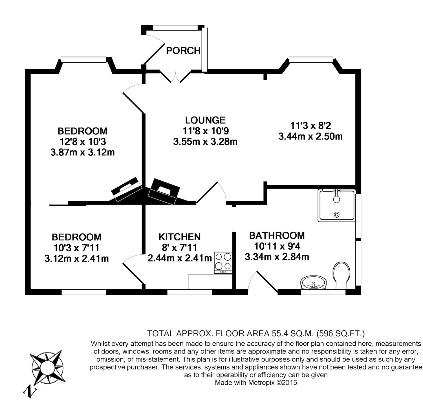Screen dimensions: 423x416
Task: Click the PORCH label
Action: [183, 51]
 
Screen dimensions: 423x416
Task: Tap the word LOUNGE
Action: [205, 120]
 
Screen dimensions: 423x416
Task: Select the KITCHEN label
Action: [180, 237]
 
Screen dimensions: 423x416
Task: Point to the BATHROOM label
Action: [277, 235]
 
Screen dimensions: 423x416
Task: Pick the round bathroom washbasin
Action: [313, 282]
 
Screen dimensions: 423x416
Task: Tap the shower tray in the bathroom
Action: [336, 205]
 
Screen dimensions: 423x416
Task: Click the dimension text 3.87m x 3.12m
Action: [82, 153]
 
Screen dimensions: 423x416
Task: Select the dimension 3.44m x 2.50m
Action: [310, 137]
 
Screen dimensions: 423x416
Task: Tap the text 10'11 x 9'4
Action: [277, 246]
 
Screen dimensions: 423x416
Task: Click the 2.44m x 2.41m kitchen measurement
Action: [180, 258]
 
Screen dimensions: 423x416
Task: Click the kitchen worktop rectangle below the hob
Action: [210, 281]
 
